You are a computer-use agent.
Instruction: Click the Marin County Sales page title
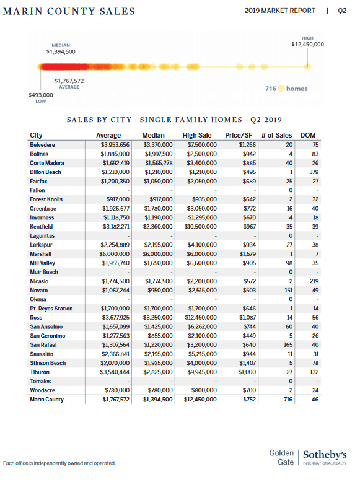coord(69,12)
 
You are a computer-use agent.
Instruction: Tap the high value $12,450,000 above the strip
coord(307,44)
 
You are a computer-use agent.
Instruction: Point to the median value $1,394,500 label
coord(61,51)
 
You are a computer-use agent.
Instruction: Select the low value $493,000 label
coord(41,95)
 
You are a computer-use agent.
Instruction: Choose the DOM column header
coord(307,135)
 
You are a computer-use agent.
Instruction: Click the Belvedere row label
coord(42,144)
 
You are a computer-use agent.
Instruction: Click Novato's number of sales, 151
coord(286,290)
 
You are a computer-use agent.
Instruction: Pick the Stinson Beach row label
coord(48,363)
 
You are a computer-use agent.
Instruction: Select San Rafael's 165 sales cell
coord(286,344)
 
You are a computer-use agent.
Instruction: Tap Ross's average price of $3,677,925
coord(115,317)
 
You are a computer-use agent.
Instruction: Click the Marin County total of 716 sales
coord(287,400)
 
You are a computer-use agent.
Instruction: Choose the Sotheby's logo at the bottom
coord(325,457)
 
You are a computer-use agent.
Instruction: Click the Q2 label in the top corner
coord(342,11)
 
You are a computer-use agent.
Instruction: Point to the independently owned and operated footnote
coord(59,463)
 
